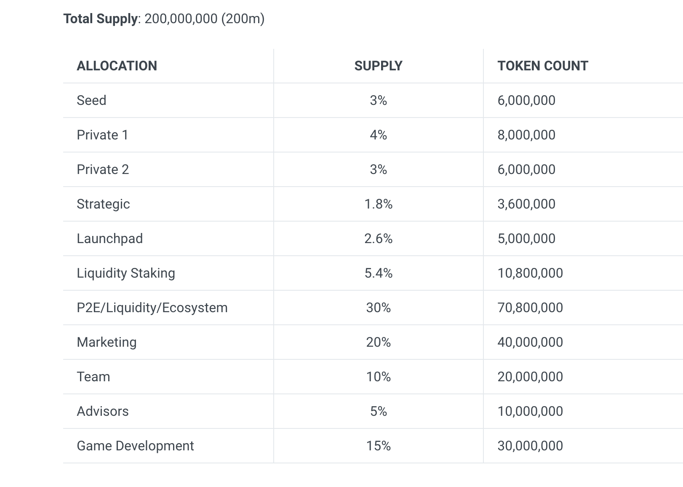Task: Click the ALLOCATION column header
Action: [117, 66]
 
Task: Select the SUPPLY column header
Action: [378, 66]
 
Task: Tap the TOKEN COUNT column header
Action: [542, 66]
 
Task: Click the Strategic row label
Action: [103, 204]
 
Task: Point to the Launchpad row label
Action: [109, 239]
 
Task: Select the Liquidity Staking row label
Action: [125, 273]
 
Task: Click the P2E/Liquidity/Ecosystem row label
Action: [152, 308]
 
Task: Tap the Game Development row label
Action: [135, 446]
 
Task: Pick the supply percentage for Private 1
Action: [378, 135]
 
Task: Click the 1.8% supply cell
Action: [378, 204]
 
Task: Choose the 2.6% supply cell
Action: [378, 239]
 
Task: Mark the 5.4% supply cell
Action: [378, 273]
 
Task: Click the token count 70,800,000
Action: [530, 308]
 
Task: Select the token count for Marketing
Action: [530, 343]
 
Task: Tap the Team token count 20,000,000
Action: [530, 377]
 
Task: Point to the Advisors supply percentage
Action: [378, 412]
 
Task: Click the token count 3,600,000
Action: [526, 204]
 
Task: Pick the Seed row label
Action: [91, 101]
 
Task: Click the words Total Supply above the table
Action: [100, 19]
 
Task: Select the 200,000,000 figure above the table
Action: [181, 19]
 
